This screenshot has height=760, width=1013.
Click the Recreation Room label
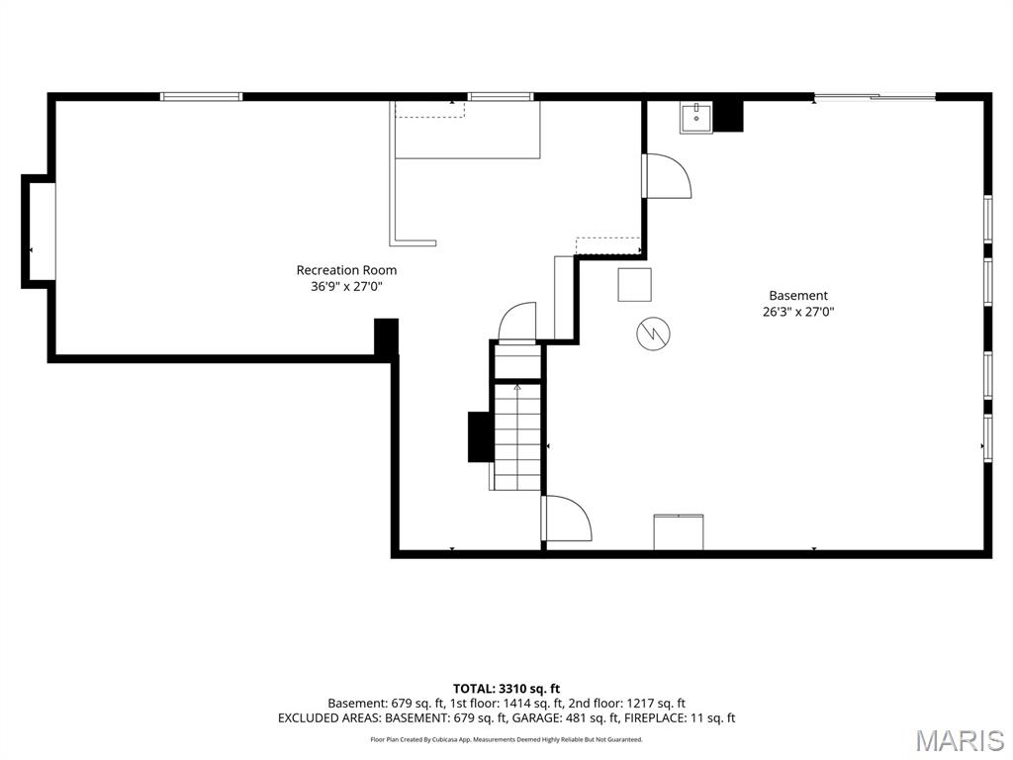pyautogui.click(x=346, y=270)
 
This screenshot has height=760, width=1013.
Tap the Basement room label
pyautogui.click(x=798, y=295)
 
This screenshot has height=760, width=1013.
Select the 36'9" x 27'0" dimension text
pyautogui.click(x=346, y=286)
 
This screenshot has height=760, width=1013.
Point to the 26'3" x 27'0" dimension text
pyautogui.click(x=798, y=312)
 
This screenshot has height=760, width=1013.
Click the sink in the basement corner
pyautogui.click(x=695, y=118)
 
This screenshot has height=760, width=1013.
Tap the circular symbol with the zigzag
pyautogui.click(x=653, y=333)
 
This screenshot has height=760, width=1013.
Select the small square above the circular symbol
pyautogui.click(x=634, y=284)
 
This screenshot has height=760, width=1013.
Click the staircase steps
pyautogui.click(x=517, y=436)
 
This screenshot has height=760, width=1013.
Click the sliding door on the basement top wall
pyautogui.click(x=875, y=98)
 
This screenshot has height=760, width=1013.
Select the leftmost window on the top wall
pyautogui.click(x=201, y=97)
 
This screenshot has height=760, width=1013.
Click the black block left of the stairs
pyautogui.click(x=481, y=436)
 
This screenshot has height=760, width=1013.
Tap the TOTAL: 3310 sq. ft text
pyautogui.click(x=506, y=689)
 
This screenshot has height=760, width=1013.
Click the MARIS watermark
pyautogui.click(x=961, y=740)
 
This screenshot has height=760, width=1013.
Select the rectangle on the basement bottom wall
pyautogui.click(x=679, y=531)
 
